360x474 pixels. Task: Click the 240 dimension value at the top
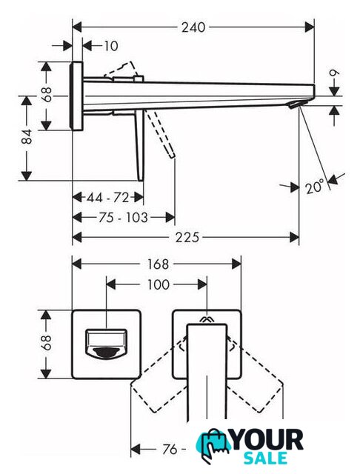pos(193,27)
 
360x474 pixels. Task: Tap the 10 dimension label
pos(110,46)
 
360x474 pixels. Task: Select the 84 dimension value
pos(27,136)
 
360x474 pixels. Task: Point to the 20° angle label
pos(315,186)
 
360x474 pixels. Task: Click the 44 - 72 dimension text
pos(108,198)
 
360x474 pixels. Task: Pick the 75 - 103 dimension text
pos(123,217)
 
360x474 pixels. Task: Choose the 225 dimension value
pos(187,237)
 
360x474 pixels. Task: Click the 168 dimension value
pos(157,264)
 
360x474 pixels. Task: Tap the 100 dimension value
pos(158,284)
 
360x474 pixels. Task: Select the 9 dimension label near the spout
pos(335,73)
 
